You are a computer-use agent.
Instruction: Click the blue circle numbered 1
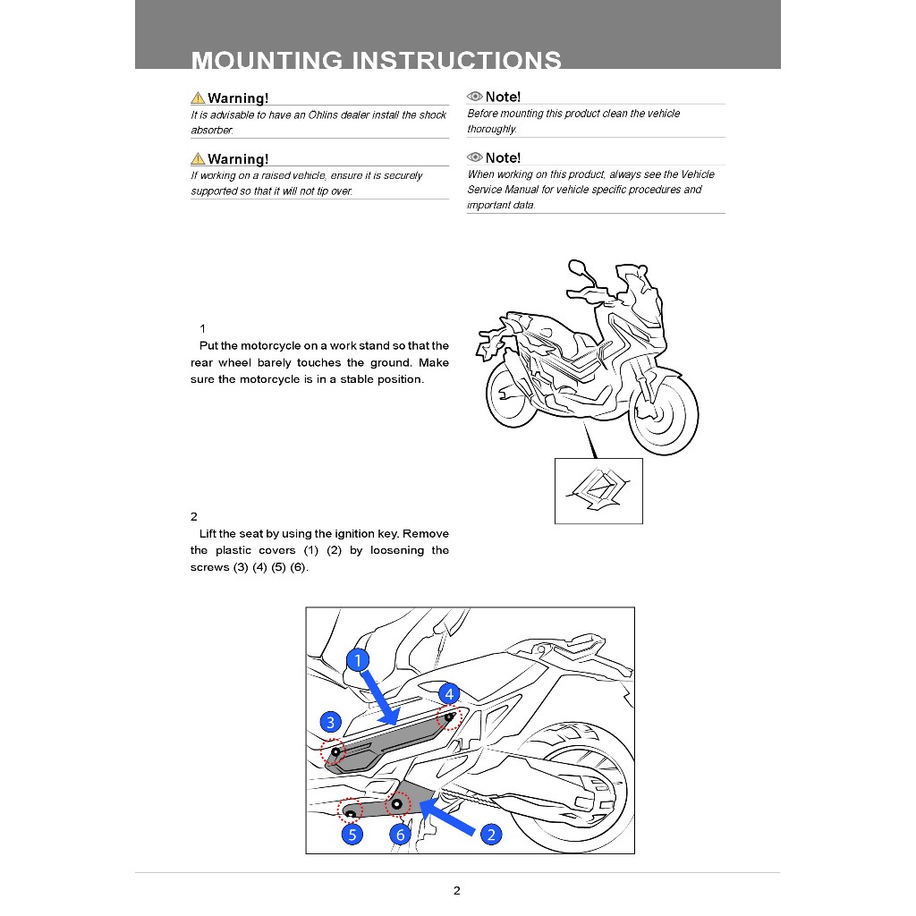point(358,661)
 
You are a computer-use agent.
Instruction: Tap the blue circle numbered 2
point(491,835)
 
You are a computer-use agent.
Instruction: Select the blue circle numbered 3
point(331,722)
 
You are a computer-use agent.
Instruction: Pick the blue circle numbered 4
point(449,693)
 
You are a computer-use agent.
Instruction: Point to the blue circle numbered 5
point(352,835)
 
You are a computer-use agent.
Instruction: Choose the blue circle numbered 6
point(401,835)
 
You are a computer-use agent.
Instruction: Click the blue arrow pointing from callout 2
point(447,818)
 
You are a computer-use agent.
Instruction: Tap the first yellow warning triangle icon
point(198,98)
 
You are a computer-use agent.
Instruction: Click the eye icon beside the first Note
point(475,97)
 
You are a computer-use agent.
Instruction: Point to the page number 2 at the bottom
point(457,890)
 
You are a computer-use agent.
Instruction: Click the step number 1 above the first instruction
point(203,328)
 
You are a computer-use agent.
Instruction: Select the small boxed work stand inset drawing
point(598,490)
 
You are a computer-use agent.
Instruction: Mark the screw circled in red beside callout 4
point(448,717)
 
